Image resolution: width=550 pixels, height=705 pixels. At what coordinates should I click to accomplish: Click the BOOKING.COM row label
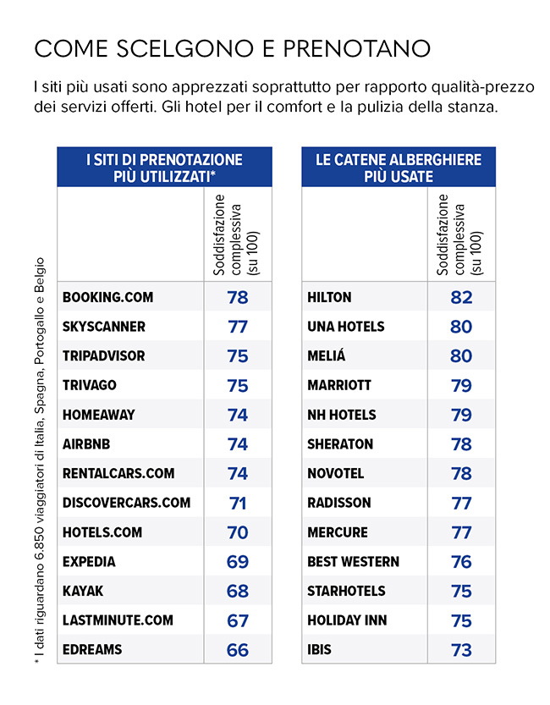point(107,297)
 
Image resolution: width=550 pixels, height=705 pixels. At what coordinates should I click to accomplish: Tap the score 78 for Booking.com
point(238,297)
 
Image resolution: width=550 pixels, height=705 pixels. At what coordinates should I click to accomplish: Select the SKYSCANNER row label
point(104,327)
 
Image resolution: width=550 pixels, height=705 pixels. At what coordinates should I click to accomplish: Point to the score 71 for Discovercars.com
point(238,503)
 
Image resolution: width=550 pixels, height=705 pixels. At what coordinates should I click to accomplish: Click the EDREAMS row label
point(92,649)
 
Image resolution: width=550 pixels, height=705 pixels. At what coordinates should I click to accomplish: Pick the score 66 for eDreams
point(238,649)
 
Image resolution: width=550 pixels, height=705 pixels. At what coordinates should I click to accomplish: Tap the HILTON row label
point(329,297)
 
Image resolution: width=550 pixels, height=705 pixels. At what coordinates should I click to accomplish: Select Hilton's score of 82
point(461,297)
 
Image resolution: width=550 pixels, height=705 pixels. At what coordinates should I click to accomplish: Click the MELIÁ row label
point(327,356)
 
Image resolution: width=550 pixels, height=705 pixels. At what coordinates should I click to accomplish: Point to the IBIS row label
point(319,649)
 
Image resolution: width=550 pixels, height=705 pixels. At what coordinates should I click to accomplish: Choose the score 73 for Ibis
point(461,649)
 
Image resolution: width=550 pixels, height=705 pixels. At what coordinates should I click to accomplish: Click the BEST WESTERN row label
point(353,561)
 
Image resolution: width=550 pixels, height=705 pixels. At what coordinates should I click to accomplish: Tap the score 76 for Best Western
point(461,561)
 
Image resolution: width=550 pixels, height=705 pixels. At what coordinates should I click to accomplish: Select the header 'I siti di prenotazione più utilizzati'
point(165,168)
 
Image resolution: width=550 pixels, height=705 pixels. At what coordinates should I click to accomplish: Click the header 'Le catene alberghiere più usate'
point(399,168)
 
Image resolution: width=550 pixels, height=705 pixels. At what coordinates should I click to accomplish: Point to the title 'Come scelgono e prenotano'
point(232,47)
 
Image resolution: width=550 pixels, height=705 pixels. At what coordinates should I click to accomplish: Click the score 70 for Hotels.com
point(238,532)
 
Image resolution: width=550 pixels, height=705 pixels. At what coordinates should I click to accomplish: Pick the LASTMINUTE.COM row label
point(118,620)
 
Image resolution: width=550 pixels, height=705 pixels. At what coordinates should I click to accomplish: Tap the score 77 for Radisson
point(461,503)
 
